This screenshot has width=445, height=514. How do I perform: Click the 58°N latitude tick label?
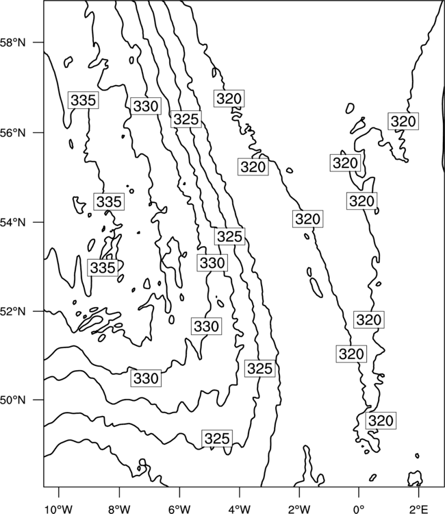(x=13, y=42)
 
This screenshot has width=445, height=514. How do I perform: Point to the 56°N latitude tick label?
(x=13, y=133)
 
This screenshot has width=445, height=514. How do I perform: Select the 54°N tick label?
(x=13, y=223)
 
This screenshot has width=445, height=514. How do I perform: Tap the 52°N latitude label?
(x=13, y=311)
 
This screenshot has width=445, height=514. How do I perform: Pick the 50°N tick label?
(x=13, y=400)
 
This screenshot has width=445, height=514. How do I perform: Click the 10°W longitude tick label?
(x=59, y=509)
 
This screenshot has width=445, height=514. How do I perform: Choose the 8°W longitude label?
(x=119, y=509)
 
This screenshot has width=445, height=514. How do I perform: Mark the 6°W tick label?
(x=179, y=509)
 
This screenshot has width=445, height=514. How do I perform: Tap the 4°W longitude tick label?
(x=240, y=509)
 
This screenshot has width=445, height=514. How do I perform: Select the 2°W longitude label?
(x=299, y=509)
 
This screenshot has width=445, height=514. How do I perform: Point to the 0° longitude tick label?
(x=359, y=509)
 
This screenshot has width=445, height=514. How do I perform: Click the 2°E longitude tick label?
(x=419, y=509)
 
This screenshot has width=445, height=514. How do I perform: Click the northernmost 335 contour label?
(x=83, y=100)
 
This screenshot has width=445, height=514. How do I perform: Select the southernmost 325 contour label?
(x=217, y=439)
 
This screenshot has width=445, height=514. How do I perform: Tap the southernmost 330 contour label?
(x=146, y=378)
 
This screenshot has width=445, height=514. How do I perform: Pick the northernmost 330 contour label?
(x=146, y=106)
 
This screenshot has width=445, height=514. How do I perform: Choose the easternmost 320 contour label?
(x=403, y=121)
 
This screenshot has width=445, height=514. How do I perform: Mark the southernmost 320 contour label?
(x=381, y=420)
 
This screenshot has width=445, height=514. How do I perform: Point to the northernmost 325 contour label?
(x=186, y=119)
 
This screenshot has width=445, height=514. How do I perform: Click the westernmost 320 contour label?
(x=229, y=98)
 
